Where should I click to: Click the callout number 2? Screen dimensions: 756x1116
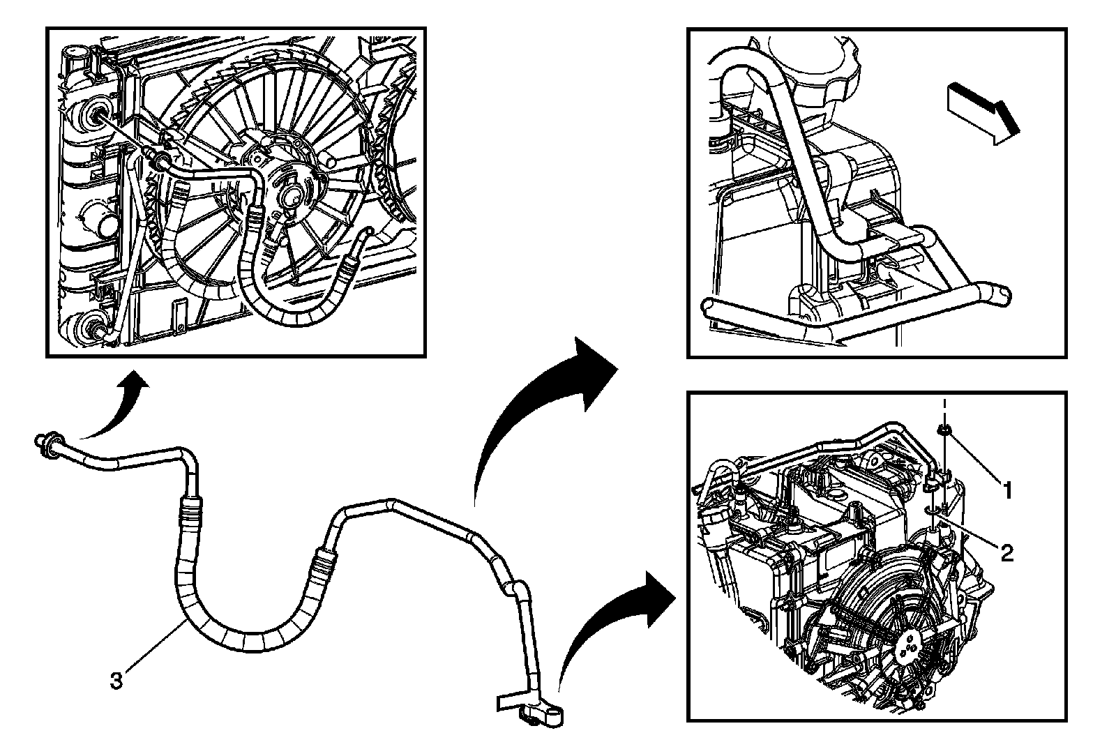click(1006, 553)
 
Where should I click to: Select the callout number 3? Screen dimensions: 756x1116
click(116, 680)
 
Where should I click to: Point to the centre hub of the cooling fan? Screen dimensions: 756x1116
click(290, 196)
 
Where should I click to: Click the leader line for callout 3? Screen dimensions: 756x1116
click(157, 645)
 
